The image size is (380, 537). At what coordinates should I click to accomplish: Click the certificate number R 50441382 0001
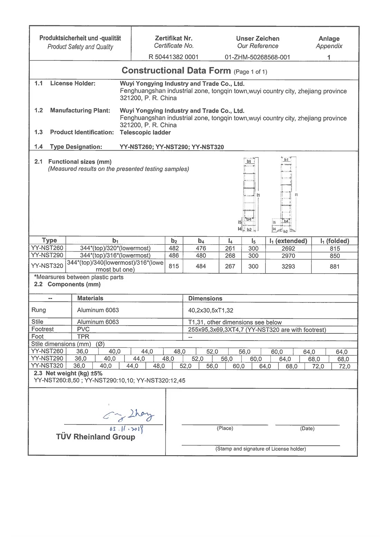(x=173, y=57)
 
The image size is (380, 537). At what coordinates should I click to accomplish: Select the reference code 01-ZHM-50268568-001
(x=257, y=57)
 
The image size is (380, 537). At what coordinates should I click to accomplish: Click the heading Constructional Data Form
(x=176, y=71)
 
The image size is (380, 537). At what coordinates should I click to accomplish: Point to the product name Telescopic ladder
(x=145, y=132)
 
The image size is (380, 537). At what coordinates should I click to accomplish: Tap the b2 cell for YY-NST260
(x=174, y=248)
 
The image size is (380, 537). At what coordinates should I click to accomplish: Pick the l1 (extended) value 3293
(x=288, y=266)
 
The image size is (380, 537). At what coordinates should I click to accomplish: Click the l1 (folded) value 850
(x=334, y=256)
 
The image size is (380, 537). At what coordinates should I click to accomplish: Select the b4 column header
(x=201, y=241)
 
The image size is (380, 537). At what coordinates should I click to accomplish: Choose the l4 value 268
(x=230, y=256)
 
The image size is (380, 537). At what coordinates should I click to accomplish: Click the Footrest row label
(x=42, y=329)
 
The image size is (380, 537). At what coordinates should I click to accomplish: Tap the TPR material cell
(x=83, y=336)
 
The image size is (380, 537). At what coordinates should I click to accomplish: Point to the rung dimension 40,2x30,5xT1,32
(x=211, y=310)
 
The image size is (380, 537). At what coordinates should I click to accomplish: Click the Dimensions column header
(x=205, y=298)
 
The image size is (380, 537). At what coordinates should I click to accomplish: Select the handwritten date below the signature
(x=126, y=429)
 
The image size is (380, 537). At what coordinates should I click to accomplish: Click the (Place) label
(x=225, y=428)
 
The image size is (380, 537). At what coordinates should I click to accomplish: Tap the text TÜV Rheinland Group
(x=96, y=437)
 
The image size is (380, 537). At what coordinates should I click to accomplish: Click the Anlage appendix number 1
(x=329, y=57)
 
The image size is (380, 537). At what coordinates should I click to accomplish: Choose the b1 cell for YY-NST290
(x=115, y=256)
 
